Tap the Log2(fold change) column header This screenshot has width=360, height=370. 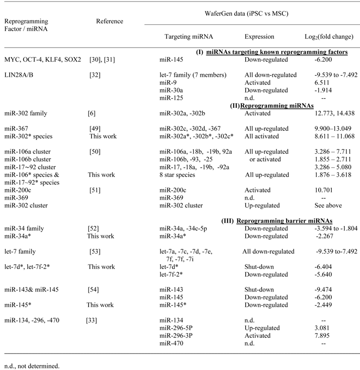click(325, 36)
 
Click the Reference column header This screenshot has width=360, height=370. click(109, 21)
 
